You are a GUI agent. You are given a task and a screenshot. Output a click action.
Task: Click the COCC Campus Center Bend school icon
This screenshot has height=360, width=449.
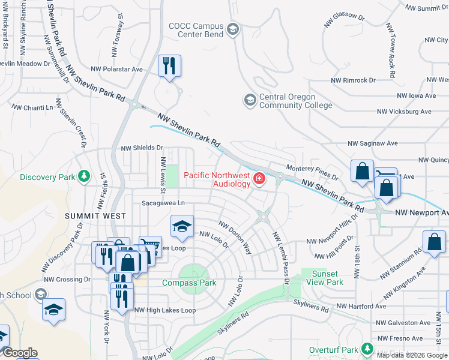click(233, 28)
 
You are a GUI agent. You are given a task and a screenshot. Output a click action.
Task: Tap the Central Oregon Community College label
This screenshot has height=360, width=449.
click(295, 101)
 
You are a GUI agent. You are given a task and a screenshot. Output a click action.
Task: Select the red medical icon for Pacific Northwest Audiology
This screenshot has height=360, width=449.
click(259, 179)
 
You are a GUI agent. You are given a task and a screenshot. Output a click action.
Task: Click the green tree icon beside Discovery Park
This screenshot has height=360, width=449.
click(85, 176)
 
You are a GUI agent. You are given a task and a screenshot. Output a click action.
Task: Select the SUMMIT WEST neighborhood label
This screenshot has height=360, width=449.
click(95, 216)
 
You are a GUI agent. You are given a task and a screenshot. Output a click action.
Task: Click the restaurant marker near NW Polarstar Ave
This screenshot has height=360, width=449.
click(169, 65)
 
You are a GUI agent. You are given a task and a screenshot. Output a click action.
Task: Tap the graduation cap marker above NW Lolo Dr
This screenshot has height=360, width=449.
click(182, 226)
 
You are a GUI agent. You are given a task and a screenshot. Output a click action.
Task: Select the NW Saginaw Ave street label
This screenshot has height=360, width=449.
click(373, 144)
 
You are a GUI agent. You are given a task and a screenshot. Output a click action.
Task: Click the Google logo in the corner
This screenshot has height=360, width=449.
click(19, 353)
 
